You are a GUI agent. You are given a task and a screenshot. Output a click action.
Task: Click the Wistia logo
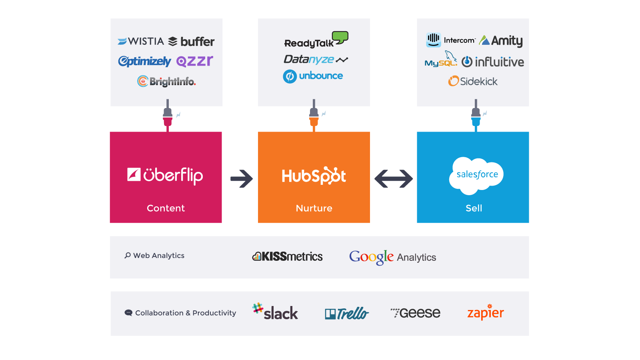[141, 41]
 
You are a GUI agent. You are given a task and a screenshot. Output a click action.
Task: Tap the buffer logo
[191, 42]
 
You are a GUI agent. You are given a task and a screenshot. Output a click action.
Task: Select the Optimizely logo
[144, 61]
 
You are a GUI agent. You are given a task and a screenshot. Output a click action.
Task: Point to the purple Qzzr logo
[194, 61]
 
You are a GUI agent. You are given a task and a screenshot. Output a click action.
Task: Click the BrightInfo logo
[166, 82]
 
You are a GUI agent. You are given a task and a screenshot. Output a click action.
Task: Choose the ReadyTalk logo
[316, 40]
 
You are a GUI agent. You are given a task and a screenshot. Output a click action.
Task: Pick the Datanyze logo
[316, 60]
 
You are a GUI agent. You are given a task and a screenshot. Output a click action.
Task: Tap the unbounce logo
[313, 76]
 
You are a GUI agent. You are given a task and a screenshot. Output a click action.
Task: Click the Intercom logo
[450, 40]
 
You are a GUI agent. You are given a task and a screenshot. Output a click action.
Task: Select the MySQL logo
[441, 60]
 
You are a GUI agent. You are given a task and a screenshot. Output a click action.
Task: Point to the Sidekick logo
[473, 81]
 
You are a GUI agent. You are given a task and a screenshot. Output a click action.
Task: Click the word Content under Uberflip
[166, 208]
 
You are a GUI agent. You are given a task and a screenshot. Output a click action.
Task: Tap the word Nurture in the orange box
[314, 208]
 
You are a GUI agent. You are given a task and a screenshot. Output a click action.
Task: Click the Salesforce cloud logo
[476, 175]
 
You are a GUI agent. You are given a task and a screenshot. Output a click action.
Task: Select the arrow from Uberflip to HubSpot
[242, 179]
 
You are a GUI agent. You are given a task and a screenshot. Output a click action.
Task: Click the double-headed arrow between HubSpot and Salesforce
[394, 179]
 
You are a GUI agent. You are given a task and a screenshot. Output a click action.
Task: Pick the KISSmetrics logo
[287, 256]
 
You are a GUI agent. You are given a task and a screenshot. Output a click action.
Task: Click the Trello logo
[347, 314]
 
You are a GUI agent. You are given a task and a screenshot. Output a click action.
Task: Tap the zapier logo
[486, 312]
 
